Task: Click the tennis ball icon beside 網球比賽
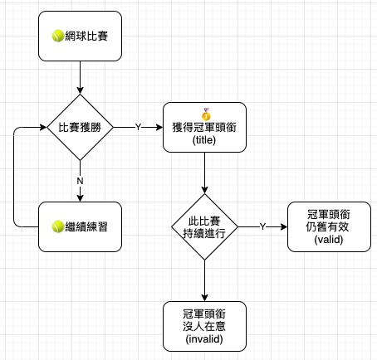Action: (x=58, y=36)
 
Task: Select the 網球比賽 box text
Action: (x=86, y=36)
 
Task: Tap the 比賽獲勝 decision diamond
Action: (x=80, y=128)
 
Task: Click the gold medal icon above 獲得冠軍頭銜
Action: (x=206, y=114)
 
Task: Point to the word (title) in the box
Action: (x=204, y=140)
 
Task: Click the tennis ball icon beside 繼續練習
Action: (x=58, y=226)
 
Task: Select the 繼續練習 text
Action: (x=86, y=226)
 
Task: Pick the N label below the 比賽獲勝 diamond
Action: (x=80, y=181)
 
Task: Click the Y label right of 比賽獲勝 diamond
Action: (x=138, y=127)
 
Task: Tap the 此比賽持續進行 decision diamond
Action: (x=204, y=226)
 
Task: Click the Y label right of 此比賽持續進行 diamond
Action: (x=262, y=226)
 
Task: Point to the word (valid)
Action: (x=329, y=240)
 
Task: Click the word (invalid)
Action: (x=204, y=339)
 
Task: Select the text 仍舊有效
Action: (x=327, y=227)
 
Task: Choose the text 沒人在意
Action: (x=204, y=327)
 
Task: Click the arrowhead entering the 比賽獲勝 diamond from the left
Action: (x=44, y=127)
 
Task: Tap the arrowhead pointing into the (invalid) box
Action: (x=204, y=298)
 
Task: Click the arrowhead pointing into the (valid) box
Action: (x=284, y=226)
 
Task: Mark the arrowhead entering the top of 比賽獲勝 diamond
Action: (x=80, y=90)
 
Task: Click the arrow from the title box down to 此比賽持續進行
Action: (x=204, y=173)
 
